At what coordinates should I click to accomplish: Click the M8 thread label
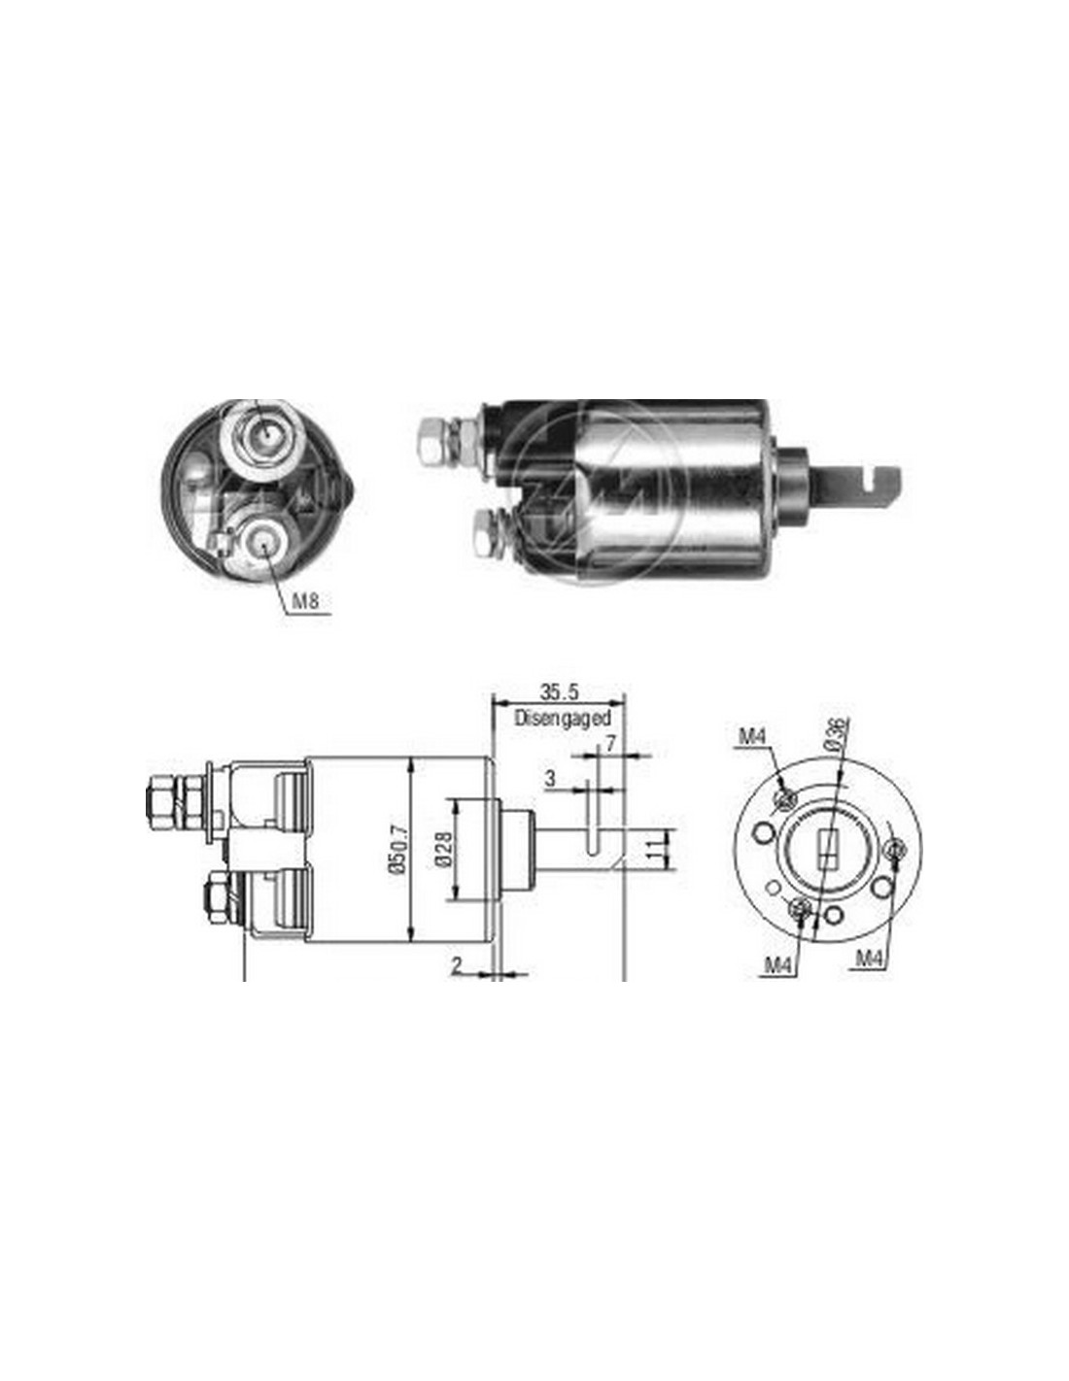pyautogui.click(x=304, y=600)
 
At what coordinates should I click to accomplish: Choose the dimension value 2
pyautogui.click(x=457, y=984)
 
